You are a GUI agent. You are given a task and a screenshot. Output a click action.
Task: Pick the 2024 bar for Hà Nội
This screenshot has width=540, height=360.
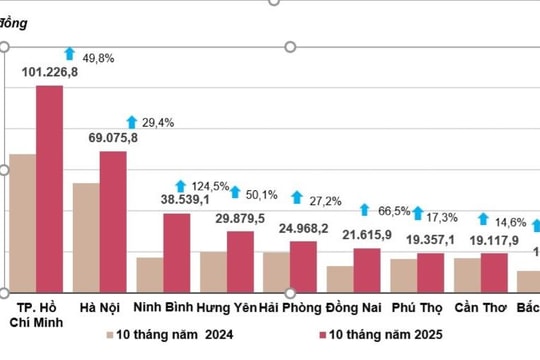tap(86, 236)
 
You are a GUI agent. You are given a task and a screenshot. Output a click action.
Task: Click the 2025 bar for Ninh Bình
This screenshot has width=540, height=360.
tap(176, 251)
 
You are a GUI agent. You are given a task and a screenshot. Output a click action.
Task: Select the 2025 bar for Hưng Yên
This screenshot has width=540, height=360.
tap(240, 260)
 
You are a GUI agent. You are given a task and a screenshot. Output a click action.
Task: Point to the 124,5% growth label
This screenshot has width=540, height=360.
tap(209, 186)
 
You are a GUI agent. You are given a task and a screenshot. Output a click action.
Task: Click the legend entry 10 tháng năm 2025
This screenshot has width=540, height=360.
tap(380, 334)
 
